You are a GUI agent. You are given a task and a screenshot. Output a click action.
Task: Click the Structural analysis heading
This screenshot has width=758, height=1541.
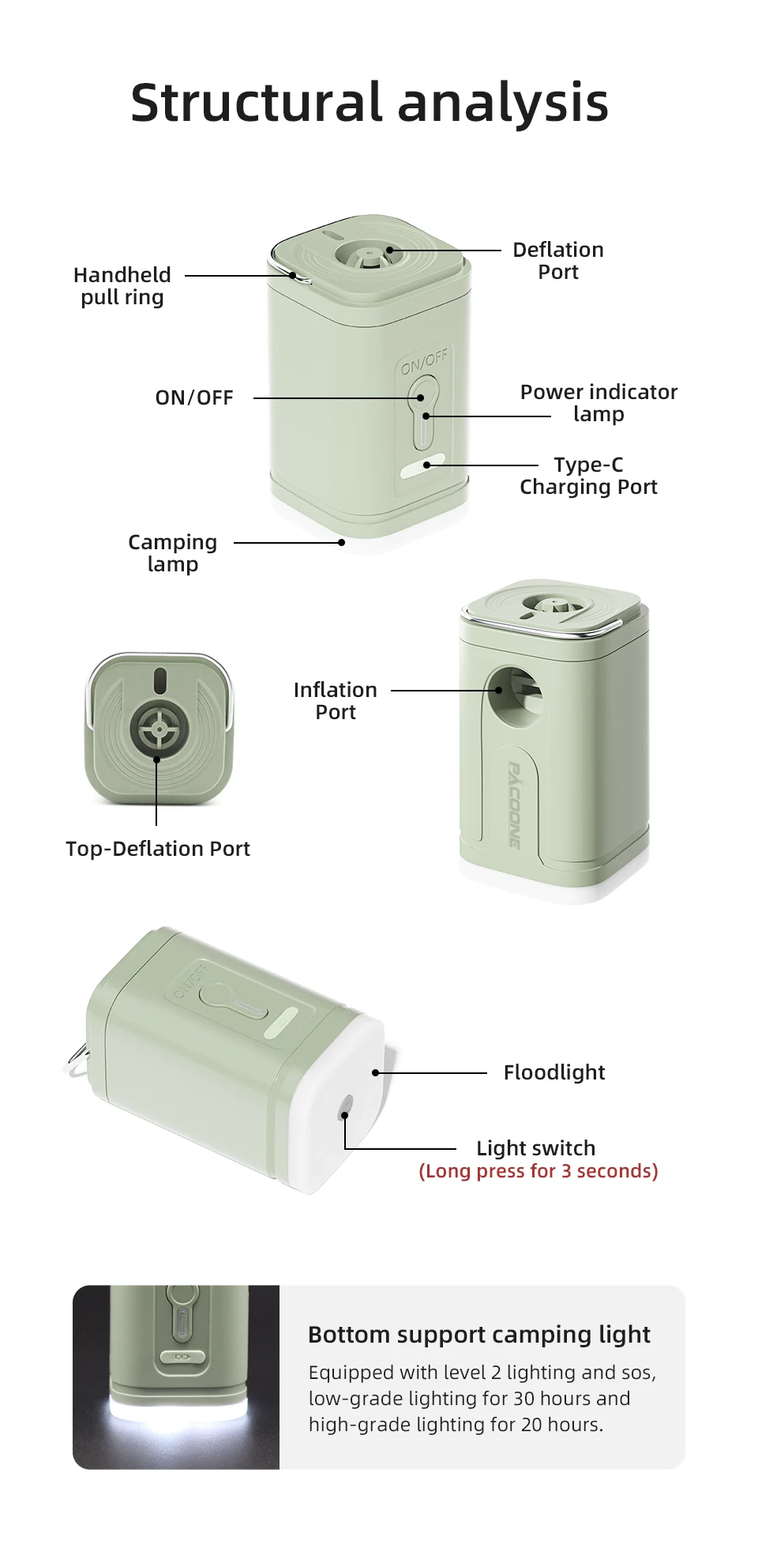(370, 103)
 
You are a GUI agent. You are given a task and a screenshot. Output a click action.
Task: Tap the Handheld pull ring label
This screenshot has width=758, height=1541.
(122, 286)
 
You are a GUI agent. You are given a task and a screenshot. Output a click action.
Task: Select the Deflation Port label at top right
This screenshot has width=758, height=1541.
(558, 261)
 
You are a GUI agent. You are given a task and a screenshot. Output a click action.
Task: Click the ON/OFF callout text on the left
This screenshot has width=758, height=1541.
(194, 397)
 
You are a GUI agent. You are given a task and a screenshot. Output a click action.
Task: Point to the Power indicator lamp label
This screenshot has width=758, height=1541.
(599, 403)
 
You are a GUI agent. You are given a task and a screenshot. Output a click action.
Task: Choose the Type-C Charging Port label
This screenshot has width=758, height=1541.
(588, 476)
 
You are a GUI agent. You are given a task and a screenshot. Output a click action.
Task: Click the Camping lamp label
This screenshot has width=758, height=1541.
(172, 553)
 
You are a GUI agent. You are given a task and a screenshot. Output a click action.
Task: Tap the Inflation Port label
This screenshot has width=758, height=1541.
(336, 701)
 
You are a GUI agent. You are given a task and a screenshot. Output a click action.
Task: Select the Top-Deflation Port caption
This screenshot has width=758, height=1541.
(158, 849)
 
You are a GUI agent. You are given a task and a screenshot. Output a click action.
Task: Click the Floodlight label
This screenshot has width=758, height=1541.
(554, 1072)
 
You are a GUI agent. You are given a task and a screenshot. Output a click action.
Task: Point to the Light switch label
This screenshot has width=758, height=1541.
(536, 1148)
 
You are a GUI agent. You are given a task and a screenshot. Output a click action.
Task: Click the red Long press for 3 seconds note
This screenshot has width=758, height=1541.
(538, 1171)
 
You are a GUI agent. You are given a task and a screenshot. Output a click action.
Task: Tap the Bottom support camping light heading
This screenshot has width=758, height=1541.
(479, 1335)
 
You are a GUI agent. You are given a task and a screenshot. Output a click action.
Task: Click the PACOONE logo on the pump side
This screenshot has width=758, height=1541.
(514, 804)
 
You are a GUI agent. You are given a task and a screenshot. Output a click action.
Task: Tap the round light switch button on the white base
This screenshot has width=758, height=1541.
(345, 1109)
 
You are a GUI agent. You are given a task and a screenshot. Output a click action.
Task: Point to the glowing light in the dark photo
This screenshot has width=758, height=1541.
(177, 1415)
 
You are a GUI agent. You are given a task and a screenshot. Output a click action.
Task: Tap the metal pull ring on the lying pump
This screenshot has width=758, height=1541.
(77, 1059)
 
